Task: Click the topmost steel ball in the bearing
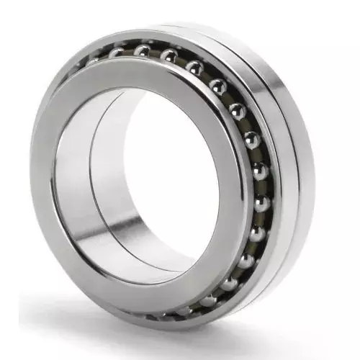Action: coord(143,50)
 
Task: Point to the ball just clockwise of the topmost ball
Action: coord(168,55)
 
